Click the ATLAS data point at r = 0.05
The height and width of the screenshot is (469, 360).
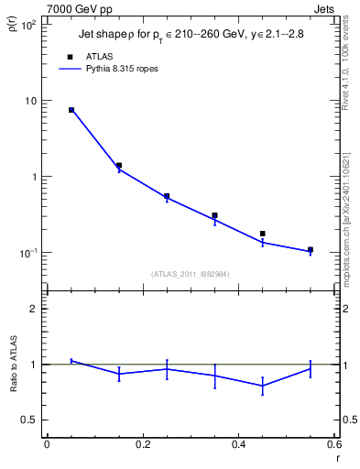tap(71, 110)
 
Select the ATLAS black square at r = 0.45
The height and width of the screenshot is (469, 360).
tap(262, 234)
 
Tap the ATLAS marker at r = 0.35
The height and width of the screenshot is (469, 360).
tap(214, 216)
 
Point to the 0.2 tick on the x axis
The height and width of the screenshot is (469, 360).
tap(142, 444)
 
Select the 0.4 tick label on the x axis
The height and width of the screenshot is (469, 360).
tap(238, 444)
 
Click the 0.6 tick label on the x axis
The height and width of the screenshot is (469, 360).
tap(333, 444)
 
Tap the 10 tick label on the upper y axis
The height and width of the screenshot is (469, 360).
tap(29, 101)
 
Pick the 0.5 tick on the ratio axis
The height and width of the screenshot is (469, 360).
tap(28, 420)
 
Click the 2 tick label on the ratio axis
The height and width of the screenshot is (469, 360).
tap(33, 309)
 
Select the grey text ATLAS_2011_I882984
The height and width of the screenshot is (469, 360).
tap(191, 273)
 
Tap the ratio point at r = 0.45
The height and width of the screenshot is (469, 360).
tap(262, 386)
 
